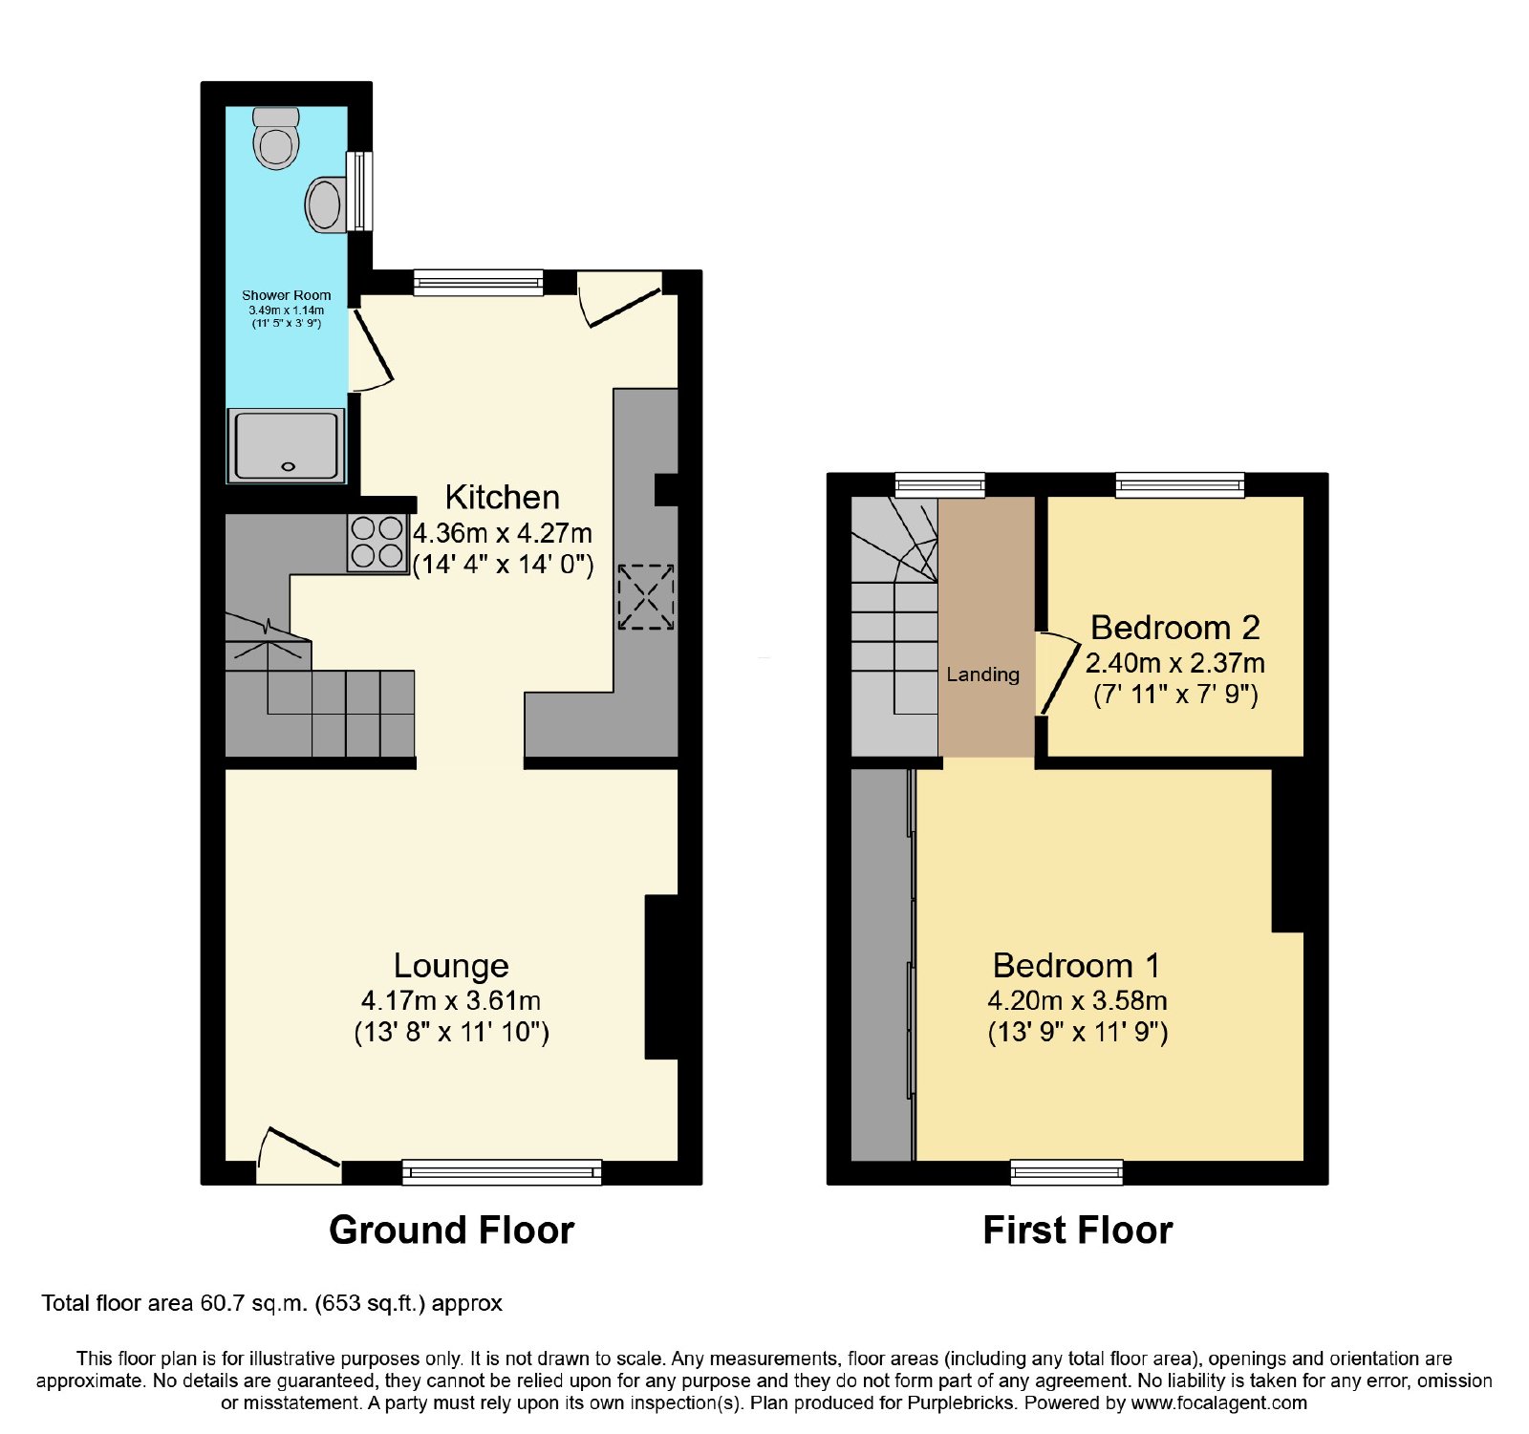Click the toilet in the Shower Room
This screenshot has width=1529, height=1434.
277,138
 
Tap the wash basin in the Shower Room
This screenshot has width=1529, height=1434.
326,203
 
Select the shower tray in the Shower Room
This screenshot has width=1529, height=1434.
286,445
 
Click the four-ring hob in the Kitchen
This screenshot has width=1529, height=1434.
377,543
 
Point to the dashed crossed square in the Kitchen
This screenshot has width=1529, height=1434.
646,597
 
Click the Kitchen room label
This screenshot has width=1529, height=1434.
503,497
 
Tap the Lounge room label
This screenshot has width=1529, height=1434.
451,965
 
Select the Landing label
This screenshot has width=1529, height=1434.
982,674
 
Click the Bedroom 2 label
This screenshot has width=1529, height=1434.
1175,628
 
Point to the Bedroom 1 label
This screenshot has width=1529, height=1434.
1077,965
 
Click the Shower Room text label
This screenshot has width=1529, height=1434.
287,295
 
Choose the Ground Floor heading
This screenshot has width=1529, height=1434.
452,1230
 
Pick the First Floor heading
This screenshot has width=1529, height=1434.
1078,1230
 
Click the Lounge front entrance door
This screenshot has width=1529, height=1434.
298,1154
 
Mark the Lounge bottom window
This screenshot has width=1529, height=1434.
502,1172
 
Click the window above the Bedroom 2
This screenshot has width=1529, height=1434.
1180,484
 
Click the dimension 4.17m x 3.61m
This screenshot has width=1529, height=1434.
451,1000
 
